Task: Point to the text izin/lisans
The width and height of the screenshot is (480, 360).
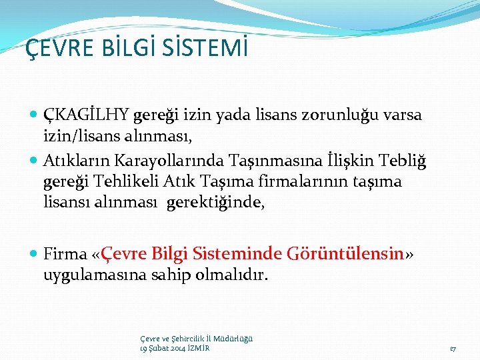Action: point(79,137)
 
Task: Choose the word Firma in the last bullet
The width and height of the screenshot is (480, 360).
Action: point(65,253)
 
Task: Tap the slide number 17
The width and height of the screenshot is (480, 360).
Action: point(453,348)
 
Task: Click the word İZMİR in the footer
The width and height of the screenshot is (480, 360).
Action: point(198,348)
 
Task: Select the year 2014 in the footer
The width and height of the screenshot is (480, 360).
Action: point(177,348)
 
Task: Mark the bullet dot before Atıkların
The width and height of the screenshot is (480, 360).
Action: point(34,161)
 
